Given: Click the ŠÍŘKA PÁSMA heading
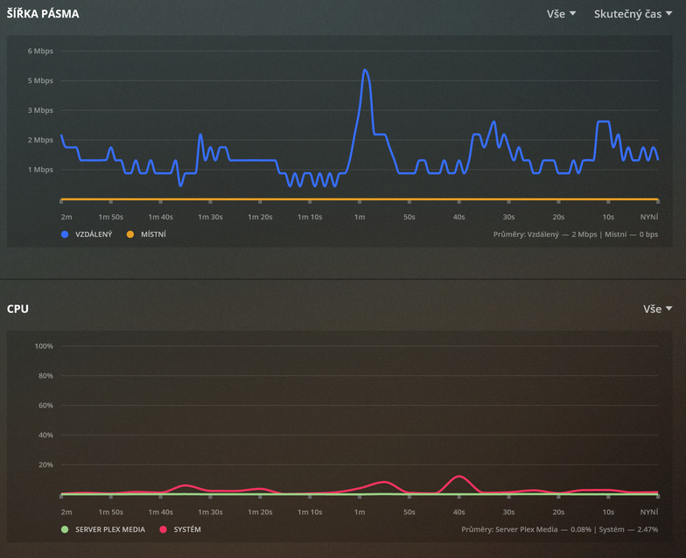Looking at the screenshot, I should coord(43,14).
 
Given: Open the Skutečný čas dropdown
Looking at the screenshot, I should coord(633,14).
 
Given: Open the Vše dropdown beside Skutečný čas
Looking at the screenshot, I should coord(561,14).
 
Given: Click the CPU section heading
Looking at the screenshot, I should coord(18,309).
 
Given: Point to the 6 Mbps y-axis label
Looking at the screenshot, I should coord(40,51).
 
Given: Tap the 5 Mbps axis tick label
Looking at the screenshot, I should coord(40,80).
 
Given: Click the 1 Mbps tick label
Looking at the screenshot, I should coord(40,169).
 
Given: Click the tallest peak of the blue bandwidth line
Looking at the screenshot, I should coord(365,70).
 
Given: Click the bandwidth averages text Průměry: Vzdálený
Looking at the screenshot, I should coord(576,234).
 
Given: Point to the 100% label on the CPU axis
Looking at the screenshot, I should coord(43,346).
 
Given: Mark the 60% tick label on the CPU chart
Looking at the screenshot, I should coord(43,406).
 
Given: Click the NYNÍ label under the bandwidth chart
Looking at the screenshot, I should coord(649,217).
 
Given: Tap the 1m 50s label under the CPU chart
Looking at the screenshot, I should coord(110,512).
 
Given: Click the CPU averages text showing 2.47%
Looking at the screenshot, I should coord(559,530).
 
